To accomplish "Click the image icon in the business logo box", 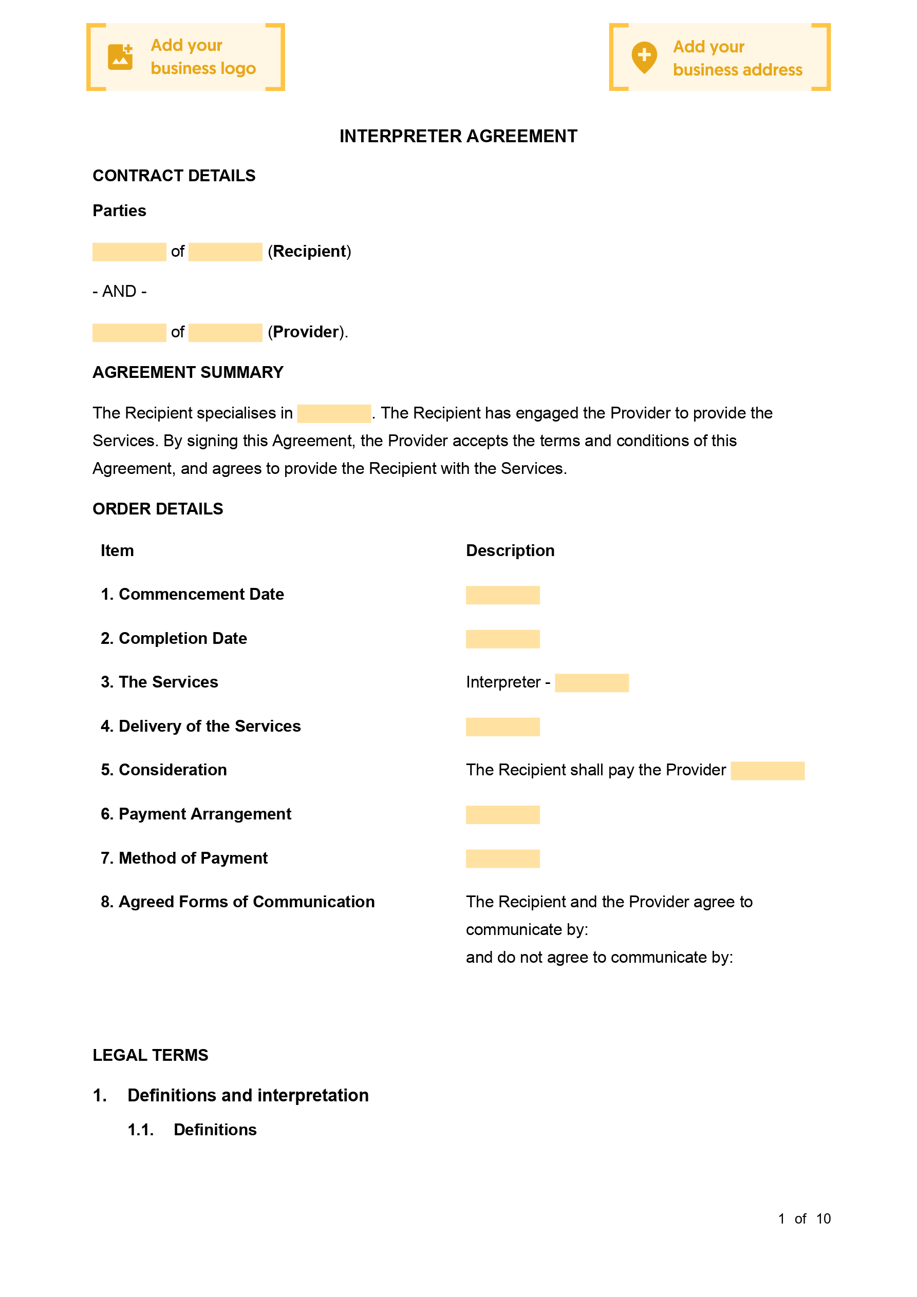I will pos(120,57).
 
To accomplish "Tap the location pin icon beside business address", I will pos(644,57).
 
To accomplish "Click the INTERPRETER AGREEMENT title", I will pos(458,136).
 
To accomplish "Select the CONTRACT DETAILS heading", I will pos(174,176).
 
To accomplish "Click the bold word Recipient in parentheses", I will pos(309,252).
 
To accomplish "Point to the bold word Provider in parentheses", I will pos(305,332).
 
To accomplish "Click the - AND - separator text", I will pos(119,292).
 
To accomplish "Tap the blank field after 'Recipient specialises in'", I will pos(333,413).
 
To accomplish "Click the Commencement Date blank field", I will pos(502,595).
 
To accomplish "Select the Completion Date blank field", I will pos(502,639).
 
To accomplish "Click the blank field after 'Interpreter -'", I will pos(591,683).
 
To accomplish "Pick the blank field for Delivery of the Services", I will pos(502,727).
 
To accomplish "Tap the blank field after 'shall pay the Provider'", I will pos(767,771).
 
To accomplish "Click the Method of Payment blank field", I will pos(502,859).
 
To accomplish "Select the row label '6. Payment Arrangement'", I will pos(196,814).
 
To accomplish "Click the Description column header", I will pos(510,551).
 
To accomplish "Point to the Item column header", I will pos(117,551).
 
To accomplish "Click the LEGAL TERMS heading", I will pos(151,1055).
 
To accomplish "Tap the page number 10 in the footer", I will pos(823,1218).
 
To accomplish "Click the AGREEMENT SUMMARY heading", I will pos(188,372).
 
